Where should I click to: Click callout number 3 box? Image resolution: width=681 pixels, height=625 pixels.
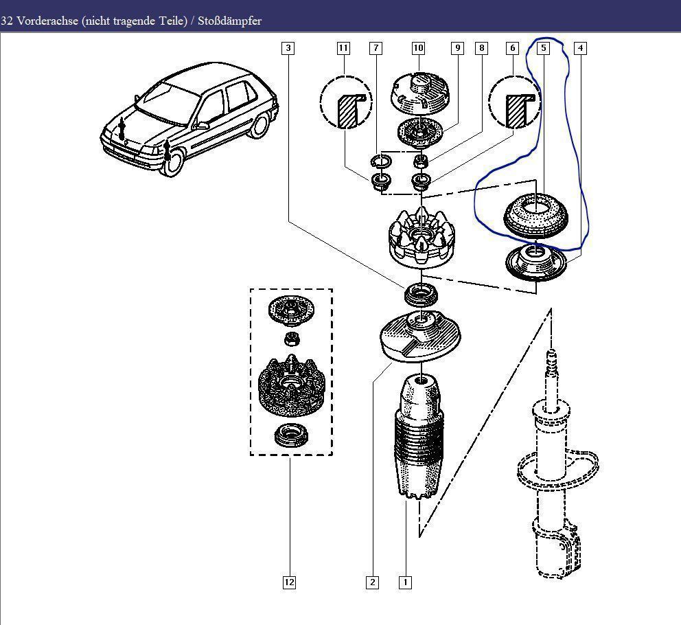tap(288, 48)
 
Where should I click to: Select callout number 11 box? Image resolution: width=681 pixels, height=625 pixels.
tap(343, 48)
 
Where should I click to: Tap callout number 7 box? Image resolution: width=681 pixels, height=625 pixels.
tap(376, 48)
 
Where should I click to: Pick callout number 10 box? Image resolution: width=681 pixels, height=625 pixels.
tap(419, 48)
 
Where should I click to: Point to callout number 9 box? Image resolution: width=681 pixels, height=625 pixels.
tap(457, 48)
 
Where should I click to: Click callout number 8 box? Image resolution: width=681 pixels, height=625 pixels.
tap(482, 48)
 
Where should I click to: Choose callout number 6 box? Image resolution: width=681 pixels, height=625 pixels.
tap(512, 48)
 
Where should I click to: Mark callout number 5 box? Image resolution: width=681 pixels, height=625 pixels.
tap(544, 48)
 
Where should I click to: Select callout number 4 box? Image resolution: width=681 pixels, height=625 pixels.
tap(581, 48)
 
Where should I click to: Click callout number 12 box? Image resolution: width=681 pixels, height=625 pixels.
tap(290, 582)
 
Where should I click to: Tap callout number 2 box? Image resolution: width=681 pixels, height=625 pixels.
tap(372, 582)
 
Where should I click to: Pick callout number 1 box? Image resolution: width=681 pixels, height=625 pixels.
tap(405, 582)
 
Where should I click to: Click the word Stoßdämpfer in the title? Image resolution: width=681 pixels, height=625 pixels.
tap(229, 21)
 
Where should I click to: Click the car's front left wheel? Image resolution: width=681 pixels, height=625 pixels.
tap(173, 162)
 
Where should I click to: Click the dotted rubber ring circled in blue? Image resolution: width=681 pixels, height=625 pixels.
tap(535, 214)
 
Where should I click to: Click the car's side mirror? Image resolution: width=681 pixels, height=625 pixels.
tap(203, 125)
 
